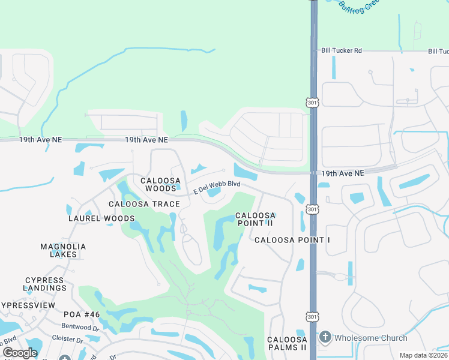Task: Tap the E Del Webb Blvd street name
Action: (x=217, y=187)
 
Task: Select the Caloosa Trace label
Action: (x=144, y=204)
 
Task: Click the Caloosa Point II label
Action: (x=255, y=219)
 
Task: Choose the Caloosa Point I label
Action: (x=292, y=240)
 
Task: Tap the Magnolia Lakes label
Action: (x=63, y=250)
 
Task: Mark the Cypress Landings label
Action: (x=46, y=284)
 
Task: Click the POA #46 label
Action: (x=82, y=314)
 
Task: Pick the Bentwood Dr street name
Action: (x=80, y=327)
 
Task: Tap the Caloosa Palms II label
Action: (x=287, y=343)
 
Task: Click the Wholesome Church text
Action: (x=370, y=338)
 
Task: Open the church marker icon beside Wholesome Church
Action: (x=325, y=337)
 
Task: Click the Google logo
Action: (x=20, y=353)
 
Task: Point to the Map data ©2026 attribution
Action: (x=423, y=355)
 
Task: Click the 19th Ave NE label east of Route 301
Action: (x=342, y=173)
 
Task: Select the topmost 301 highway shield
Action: (x=312, y=103)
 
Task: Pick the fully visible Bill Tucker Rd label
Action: (x=341, y=51)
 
